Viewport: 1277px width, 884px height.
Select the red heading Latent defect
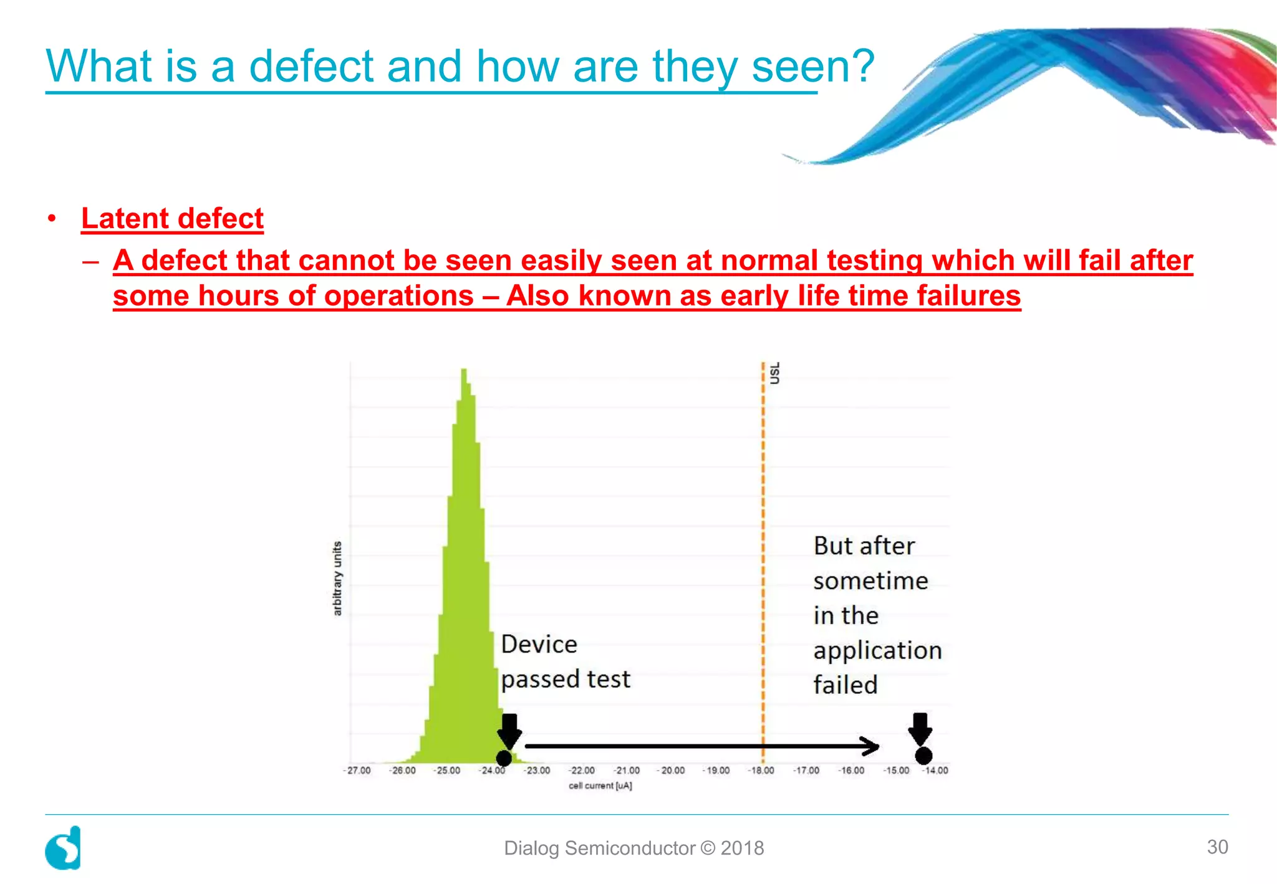tap(172, 219)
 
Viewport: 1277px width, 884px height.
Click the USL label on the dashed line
tap(774, 373)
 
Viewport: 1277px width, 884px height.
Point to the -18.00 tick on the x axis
tap(761, 771)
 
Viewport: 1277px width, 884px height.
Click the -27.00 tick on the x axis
tap(358, 771)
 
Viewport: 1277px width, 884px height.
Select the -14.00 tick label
tap(935, 771)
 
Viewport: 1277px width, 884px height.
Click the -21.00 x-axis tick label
tap(627, 771)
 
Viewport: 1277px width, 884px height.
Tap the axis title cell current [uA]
tap(600, 786)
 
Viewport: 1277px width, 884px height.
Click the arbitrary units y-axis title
tap(337, 578)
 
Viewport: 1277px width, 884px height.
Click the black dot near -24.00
tap(504, 758)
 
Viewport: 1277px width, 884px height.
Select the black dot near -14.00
tap(923, 756)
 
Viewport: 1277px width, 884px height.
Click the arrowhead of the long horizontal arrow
tap(870, 746)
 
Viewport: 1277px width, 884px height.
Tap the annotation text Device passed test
tap(564, 661)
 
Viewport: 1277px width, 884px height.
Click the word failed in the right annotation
tap(846, 685)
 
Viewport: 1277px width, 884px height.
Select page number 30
tap(1217, 847)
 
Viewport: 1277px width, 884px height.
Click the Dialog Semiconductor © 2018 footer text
tap(634, 848)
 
